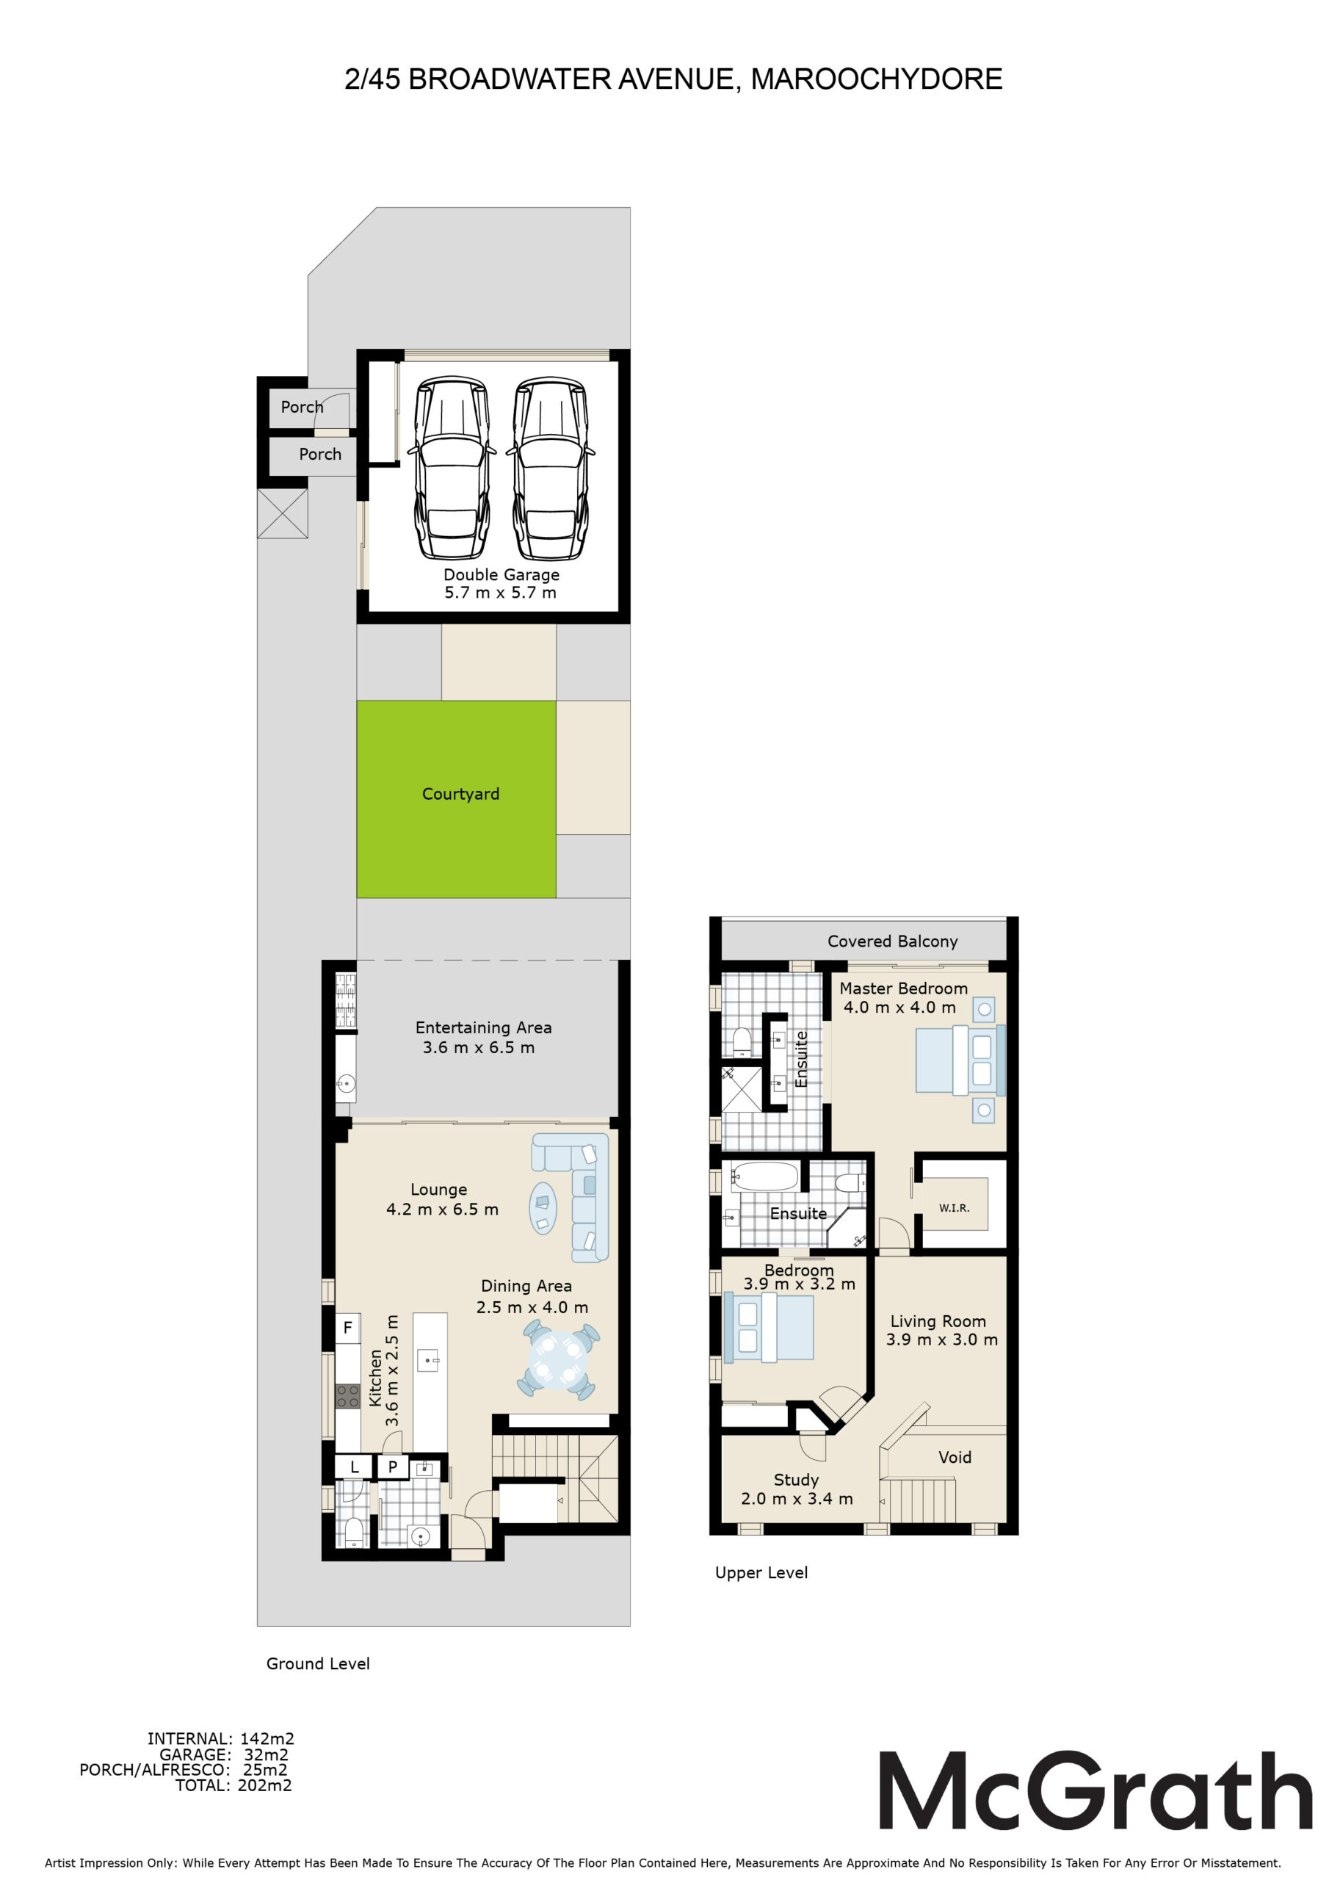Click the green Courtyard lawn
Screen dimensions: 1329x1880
tap(456, 799)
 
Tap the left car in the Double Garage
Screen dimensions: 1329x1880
tap(452, 468)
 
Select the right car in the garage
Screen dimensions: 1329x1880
tap(550, 468)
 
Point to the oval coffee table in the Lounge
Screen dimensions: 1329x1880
tap(543, 1208)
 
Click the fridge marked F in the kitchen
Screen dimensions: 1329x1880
tap(347, 1327)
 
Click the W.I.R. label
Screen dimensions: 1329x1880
tap(954, 1208)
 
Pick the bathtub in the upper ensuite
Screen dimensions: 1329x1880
tap(765, 1176)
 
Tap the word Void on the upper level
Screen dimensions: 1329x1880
tap(955, 1457)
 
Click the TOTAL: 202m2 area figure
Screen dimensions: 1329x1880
tap(233, 1785)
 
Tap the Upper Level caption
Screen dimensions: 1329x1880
tap(761, 1573)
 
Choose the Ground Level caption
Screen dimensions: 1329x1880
tap(318, 1664)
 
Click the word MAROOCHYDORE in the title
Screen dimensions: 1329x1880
tap(877, 79)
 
